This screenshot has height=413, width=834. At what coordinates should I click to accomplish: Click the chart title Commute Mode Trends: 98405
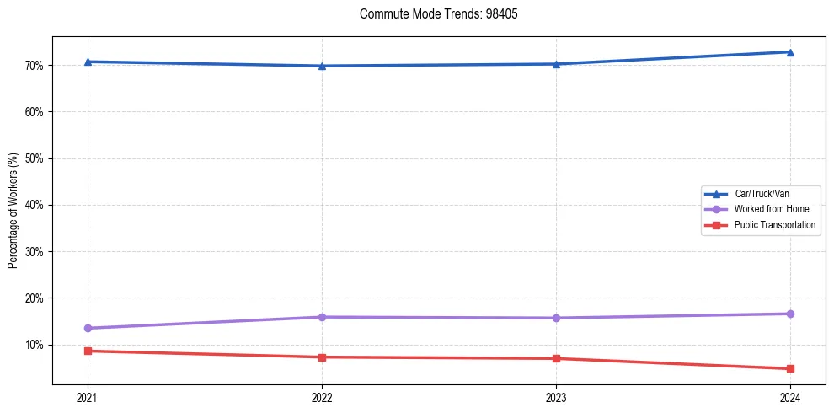(432, 14)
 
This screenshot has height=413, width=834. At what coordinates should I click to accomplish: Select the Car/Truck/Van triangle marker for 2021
(88, 62)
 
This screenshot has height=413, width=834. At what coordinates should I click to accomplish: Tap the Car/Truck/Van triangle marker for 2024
(790, 52)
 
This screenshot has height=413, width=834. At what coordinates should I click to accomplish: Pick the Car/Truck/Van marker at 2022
(322, 66)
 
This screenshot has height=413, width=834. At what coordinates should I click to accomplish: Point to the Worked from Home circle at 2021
(88, 328)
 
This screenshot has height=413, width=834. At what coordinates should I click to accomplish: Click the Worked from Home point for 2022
(322, 317)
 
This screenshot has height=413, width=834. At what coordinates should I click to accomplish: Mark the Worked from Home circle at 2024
(790, 314)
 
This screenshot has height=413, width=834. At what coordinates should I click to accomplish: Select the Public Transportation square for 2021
(88, 351)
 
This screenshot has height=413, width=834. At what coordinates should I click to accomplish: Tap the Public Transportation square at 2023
(556, 358)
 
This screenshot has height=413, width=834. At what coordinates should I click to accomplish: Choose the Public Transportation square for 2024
(790, 368)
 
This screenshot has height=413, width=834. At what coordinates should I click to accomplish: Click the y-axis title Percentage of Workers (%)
(13, 211)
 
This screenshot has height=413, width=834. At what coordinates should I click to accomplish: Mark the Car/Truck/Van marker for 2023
(556, 64)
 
